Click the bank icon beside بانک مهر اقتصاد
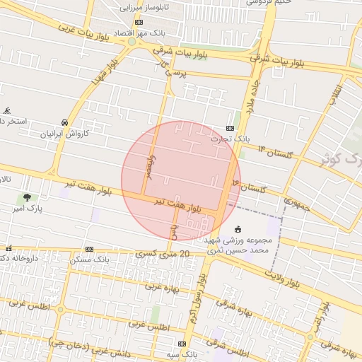[x=138, y=22]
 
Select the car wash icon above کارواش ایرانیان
[x=64, y=122]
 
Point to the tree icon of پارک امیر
[x=27, y=197]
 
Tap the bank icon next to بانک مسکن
[x=89, y=249]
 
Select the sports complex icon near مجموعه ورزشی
[x=238, y=229]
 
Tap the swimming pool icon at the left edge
[x=7, y=110]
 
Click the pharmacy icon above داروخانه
[x=8, y=248]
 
